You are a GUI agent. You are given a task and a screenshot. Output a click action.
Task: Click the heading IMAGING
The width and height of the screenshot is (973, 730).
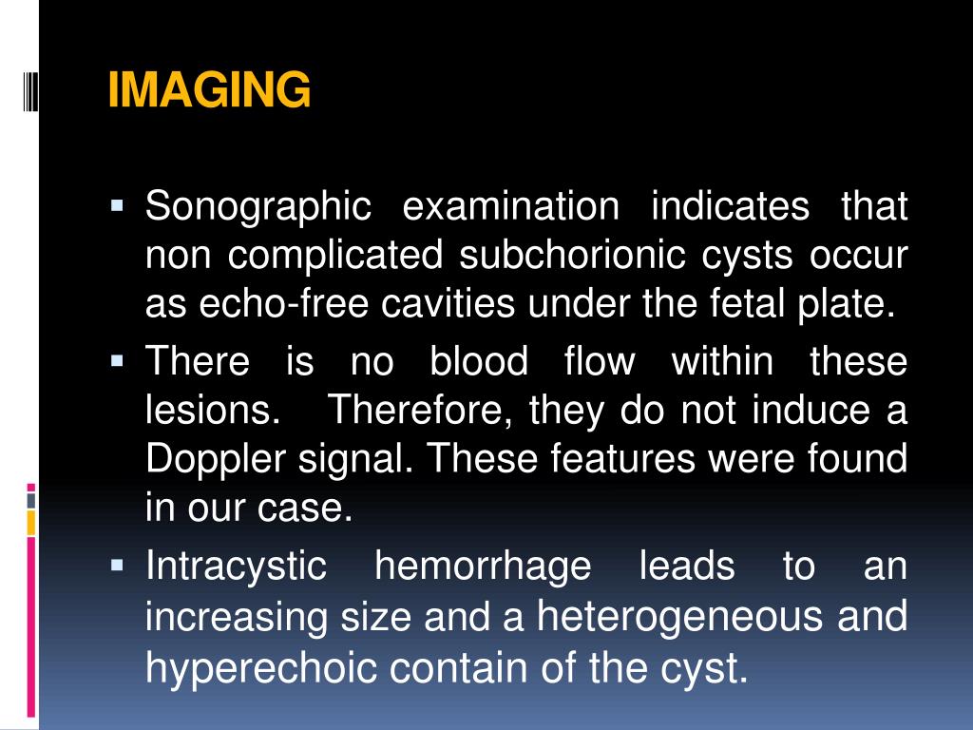point(209,91)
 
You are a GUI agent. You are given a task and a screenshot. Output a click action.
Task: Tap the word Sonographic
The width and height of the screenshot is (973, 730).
point(257,207)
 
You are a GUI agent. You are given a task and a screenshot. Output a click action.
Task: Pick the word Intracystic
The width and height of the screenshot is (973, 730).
point(236,567)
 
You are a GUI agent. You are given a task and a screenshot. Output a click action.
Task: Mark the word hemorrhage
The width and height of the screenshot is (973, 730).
point(483,567)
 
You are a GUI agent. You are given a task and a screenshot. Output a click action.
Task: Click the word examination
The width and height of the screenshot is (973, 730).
point(510,207)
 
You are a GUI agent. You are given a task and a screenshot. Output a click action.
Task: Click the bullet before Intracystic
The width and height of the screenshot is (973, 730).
point(118,566)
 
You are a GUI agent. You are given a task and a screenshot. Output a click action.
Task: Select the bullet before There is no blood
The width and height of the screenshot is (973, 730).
point(118,360)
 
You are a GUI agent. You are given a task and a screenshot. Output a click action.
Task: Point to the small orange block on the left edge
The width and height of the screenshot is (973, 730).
point(31,522)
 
